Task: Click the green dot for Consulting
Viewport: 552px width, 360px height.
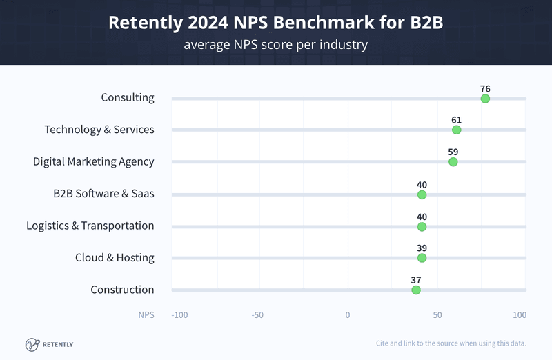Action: coord(485,99)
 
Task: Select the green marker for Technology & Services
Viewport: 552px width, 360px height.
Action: coord(456,130)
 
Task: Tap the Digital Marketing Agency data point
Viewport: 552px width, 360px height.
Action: coord(453,162)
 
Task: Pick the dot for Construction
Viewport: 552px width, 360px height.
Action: coord(415,290)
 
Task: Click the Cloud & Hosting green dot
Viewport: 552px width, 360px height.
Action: coord(422,258)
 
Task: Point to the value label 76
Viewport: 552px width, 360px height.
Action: coord(485,88)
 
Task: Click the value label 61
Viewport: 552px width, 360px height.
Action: coord(456,119)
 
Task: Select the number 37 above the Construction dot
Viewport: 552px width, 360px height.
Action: coord(415,280)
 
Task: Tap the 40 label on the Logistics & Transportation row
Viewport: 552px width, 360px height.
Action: coord(422,217)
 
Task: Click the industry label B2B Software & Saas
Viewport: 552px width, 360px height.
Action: coord(103,193)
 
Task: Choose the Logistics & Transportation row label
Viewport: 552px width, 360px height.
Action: coord(90,226)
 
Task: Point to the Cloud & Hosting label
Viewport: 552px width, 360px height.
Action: coord(115,257)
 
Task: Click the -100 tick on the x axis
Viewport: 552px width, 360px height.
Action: coord(179,315)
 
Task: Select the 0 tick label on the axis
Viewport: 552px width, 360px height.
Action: coord(348,315)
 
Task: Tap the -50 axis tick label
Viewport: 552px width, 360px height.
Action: coord(257,315)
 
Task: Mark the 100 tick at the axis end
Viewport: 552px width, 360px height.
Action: coord(519,315)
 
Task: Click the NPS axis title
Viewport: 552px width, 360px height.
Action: coord(146,315)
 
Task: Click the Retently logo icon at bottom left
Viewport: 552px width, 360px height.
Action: coord(32,343)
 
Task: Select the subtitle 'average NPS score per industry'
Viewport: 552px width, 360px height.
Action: coord(275,46)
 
